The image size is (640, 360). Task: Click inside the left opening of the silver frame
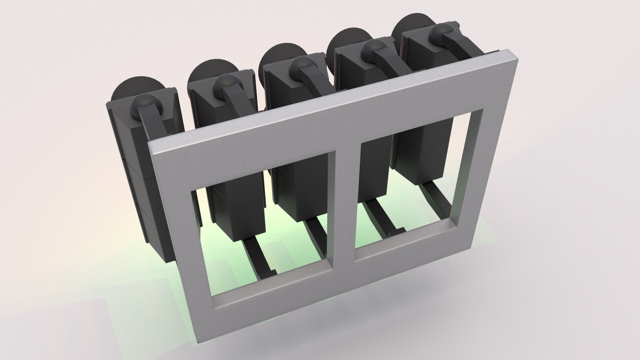[263, 230]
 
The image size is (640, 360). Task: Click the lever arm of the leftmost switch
[150, 127]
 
